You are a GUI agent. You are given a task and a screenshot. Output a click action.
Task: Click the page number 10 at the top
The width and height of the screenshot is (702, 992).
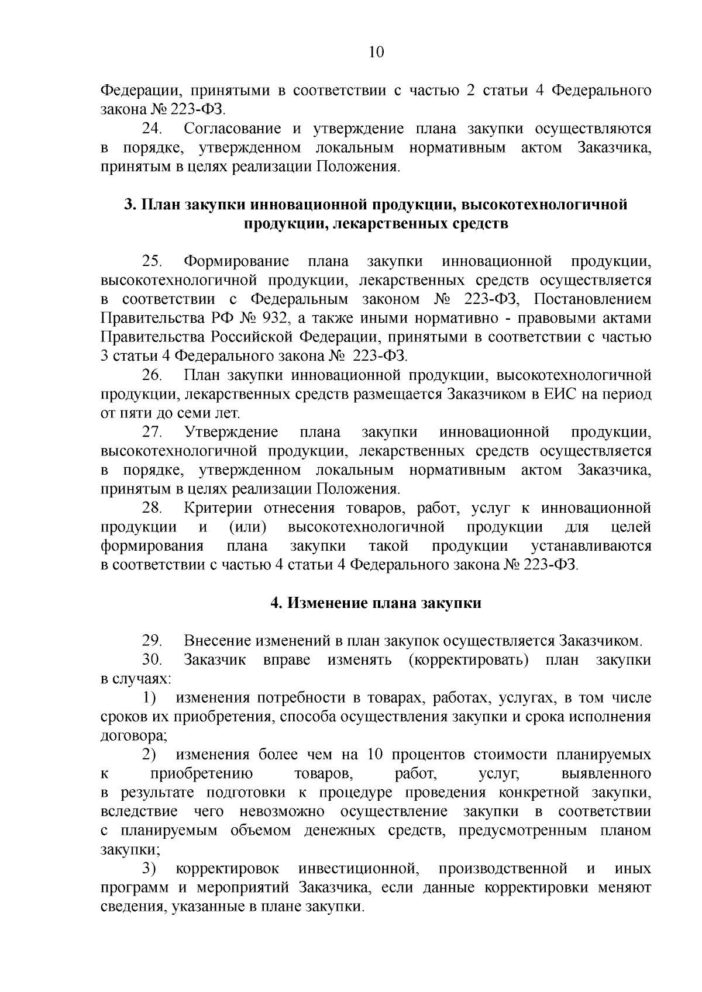click(376, 53)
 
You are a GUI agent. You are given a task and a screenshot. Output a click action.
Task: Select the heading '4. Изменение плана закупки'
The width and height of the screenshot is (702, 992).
click(376, 603)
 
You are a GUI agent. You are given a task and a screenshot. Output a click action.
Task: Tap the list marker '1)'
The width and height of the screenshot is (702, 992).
click(150, 698)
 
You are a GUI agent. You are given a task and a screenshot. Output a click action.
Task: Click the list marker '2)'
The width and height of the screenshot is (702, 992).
click(150, 755)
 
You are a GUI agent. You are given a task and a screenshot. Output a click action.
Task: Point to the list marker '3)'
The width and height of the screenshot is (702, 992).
click(150, 869)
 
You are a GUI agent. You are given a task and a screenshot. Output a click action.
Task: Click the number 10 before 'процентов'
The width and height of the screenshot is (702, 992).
click(375, 755)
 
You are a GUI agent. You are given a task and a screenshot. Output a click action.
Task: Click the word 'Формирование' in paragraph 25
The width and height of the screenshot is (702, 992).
click(237, 261)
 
